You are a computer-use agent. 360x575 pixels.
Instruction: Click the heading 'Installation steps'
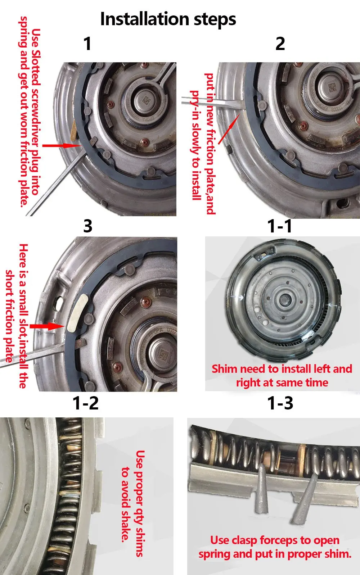pos(168,19)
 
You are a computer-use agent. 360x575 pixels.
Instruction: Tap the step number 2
pos(280,44)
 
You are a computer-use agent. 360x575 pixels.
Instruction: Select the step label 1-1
pos(280,226)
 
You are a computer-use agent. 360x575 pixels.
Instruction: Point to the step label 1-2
pos(86,403)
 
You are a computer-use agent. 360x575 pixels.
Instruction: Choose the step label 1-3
pos(280,403)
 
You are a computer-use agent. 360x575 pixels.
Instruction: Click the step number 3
pos(88,226)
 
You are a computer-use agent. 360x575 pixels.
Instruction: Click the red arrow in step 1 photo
pos(62,145)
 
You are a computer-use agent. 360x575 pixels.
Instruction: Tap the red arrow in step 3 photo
pos(47,326)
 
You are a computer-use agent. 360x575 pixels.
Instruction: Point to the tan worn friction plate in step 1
pos(73,130)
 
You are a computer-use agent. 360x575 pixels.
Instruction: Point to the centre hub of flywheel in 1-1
pos(284,299)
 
